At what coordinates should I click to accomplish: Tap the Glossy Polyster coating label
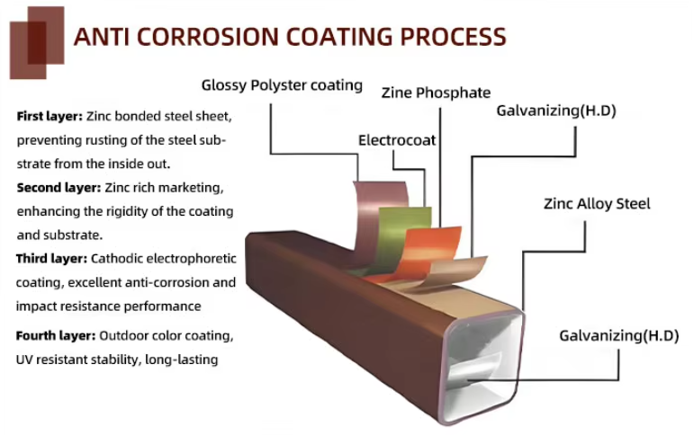pyautogui.click(x=282, y=84)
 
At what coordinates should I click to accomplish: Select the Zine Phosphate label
pyautogui.click(x=436, y=93)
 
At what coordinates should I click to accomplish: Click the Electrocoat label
pyautogui.click(x=397, y=140)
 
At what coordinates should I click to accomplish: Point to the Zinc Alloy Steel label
pyautogui.click(x=597, y=204)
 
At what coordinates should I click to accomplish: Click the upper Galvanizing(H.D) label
pyautogui.click(x=556, y=111)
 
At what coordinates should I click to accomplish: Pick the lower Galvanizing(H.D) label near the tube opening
pyautogui.click(x=618, y=335)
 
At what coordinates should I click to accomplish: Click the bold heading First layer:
pyautogui.click(x=50, y=116)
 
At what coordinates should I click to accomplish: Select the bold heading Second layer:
pyautogui.click(x=59, y=188)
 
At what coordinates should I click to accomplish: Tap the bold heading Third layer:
pyautogui.click(x=52, y=259)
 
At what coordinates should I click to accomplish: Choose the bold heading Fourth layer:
pyautogui.click(x=56, y=336)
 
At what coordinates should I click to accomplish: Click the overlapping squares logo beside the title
pyautogui.click(x=37, y=42)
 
